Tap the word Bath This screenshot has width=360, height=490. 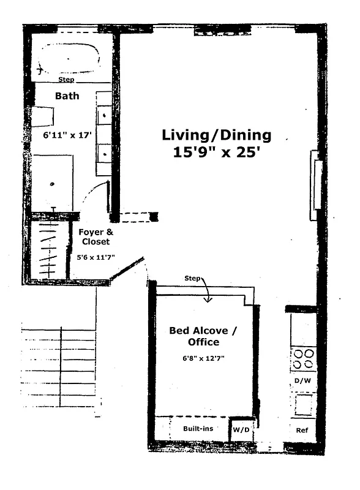click(67, 96)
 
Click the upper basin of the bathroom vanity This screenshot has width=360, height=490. click(103, 114)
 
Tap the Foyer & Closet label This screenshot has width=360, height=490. click(94, 237)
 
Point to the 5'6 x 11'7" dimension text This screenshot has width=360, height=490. click(96, 258)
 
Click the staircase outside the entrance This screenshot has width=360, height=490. click(59, 367)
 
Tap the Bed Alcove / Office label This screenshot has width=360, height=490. click(203, 336)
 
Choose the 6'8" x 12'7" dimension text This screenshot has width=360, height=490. click(203, 358)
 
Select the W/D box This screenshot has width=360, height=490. click(239, 430)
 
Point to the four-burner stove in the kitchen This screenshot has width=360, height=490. click(303, 358)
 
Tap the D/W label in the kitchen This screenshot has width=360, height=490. click(302, 381)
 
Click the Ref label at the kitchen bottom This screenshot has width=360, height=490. click(302, 430)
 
